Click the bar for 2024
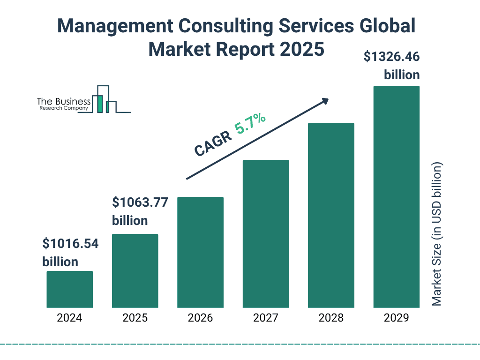(69, 289)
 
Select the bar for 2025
(135, 270)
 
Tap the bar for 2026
(200, 252)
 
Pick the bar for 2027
(265, 233)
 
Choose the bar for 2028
(331, 215)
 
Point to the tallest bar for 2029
(396, 197)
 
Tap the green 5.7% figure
(250, 125)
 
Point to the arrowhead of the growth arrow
(324, 101)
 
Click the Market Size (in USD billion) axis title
(437, 234)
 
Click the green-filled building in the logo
(99, 103)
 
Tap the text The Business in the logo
(64, 101)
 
